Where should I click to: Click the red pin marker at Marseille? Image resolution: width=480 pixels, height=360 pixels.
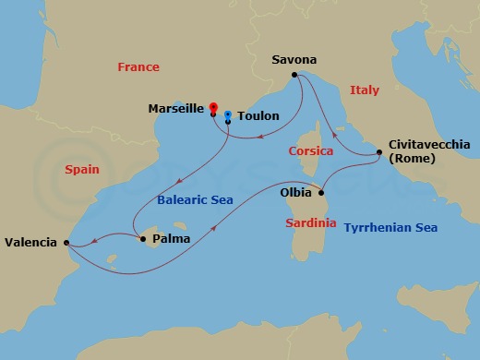tap(213, 106)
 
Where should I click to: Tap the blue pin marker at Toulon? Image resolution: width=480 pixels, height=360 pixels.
tap(228, 115)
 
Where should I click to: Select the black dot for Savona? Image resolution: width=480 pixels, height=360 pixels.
tap(294, 75)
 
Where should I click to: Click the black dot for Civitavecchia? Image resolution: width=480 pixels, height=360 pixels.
tap(376, 152)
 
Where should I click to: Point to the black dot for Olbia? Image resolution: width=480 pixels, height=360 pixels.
tap(320, 194)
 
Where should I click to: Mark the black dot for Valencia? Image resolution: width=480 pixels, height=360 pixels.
tap(66, 243)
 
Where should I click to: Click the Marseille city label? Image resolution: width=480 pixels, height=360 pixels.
tap(175, 108)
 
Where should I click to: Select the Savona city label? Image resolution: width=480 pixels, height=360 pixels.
tap(294, 59)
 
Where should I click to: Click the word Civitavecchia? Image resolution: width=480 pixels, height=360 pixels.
tap(429, 144)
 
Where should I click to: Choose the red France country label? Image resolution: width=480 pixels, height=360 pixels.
tap(138, 66)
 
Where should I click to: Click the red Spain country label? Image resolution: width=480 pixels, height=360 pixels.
tap(82, 170)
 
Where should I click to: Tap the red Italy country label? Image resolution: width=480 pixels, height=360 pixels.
tap(365, 90)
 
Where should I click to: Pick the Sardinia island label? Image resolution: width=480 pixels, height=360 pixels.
tap(308, 222)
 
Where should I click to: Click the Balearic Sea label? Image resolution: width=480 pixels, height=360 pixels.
tap(193, 199)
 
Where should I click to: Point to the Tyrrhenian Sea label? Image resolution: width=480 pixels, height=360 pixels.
tap(390, 227)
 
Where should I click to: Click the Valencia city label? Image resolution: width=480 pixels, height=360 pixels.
tap(32, 243)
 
